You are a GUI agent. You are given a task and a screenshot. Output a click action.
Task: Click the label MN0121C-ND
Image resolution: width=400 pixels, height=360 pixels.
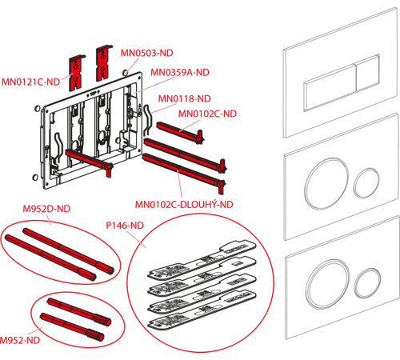[30, 82]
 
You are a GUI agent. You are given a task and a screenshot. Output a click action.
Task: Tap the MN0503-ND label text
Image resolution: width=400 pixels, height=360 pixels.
[147, 53]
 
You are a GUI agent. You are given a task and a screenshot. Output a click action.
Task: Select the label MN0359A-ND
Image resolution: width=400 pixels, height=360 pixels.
[180, 72]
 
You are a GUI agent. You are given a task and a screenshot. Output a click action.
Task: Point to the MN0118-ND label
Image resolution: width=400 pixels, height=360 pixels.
[185, 98]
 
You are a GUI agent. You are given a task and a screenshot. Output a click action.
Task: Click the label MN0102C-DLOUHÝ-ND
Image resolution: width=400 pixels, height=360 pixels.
[184, 205]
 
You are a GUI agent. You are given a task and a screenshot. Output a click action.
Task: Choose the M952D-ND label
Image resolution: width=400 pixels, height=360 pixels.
[46, 209]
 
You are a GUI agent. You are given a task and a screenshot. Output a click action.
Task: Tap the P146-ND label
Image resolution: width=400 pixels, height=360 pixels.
[125, 226]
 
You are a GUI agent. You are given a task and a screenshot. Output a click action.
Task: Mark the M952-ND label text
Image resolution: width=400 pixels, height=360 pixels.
[20, 340]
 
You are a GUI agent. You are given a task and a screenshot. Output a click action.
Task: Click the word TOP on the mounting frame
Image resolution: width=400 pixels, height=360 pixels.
[93, 94]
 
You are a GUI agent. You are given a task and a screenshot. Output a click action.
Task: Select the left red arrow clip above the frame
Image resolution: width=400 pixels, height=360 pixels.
[77, 73]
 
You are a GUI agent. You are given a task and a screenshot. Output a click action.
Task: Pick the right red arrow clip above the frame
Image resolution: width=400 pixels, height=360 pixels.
[104, 63]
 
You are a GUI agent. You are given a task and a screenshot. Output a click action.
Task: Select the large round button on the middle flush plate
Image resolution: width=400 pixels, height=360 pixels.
[326, 183]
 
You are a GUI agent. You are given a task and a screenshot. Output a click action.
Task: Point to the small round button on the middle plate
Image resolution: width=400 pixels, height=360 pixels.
[367, 183]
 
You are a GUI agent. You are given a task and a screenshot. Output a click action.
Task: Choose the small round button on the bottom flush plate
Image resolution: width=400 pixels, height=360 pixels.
[367, 282]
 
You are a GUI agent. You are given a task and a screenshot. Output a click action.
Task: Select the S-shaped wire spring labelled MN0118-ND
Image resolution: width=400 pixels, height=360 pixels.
[147, 119]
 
